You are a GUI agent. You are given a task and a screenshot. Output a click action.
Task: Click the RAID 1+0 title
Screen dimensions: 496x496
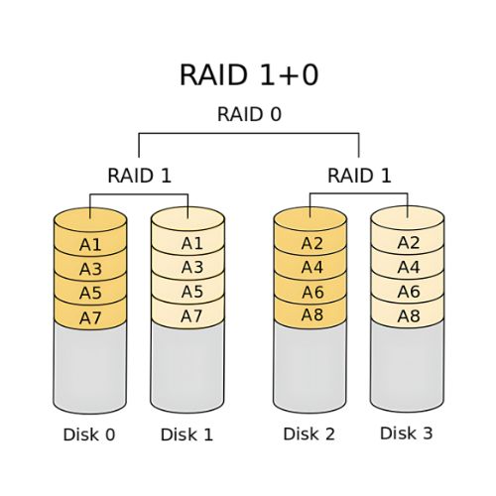coord(248,74)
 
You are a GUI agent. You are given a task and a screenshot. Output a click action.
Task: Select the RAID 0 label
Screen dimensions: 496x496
coord(248,114)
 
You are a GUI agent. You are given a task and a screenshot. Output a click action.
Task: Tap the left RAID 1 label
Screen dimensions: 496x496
coord(139,176)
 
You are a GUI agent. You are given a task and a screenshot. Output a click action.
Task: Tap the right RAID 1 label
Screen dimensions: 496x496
coord(359,176)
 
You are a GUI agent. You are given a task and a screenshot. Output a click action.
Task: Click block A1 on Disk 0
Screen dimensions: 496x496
coord(90,244)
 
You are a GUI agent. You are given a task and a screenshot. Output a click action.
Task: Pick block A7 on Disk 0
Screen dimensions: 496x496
coord(90,316)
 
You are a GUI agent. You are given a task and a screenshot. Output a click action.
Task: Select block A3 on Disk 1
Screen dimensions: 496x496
coord(192,268)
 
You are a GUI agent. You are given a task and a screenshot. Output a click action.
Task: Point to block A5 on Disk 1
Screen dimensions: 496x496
coord(192,292)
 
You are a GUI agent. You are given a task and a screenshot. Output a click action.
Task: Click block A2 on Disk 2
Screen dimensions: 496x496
coord(310,244)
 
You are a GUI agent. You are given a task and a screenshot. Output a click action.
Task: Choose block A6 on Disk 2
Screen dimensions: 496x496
coord(310,293)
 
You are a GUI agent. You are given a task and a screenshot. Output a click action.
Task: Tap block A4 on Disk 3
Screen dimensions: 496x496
coord(408,267)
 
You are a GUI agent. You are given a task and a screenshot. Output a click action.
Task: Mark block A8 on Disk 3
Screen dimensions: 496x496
coord(408,315)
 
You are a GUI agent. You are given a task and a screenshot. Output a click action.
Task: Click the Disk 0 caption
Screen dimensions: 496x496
coord(89,434)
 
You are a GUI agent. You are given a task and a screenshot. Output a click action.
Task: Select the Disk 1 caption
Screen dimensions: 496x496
coord(187,434)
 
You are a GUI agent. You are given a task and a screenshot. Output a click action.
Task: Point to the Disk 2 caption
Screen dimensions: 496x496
coord(310,434)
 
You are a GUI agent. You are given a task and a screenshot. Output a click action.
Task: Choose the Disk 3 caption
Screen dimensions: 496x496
coord(407,434)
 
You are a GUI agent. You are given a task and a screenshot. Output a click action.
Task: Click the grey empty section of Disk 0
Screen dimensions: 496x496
coord(90,367)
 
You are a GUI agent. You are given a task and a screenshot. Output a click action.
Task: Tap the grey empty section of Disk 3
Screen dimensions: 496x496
coord(408,365)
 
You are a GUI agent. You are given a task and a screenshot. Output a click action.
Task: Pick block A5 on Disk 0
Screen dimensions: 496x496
coord(90,293)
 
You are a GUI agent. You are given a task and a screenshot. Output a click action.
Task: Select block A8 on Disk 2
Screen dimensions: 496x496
coord(310,316)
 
